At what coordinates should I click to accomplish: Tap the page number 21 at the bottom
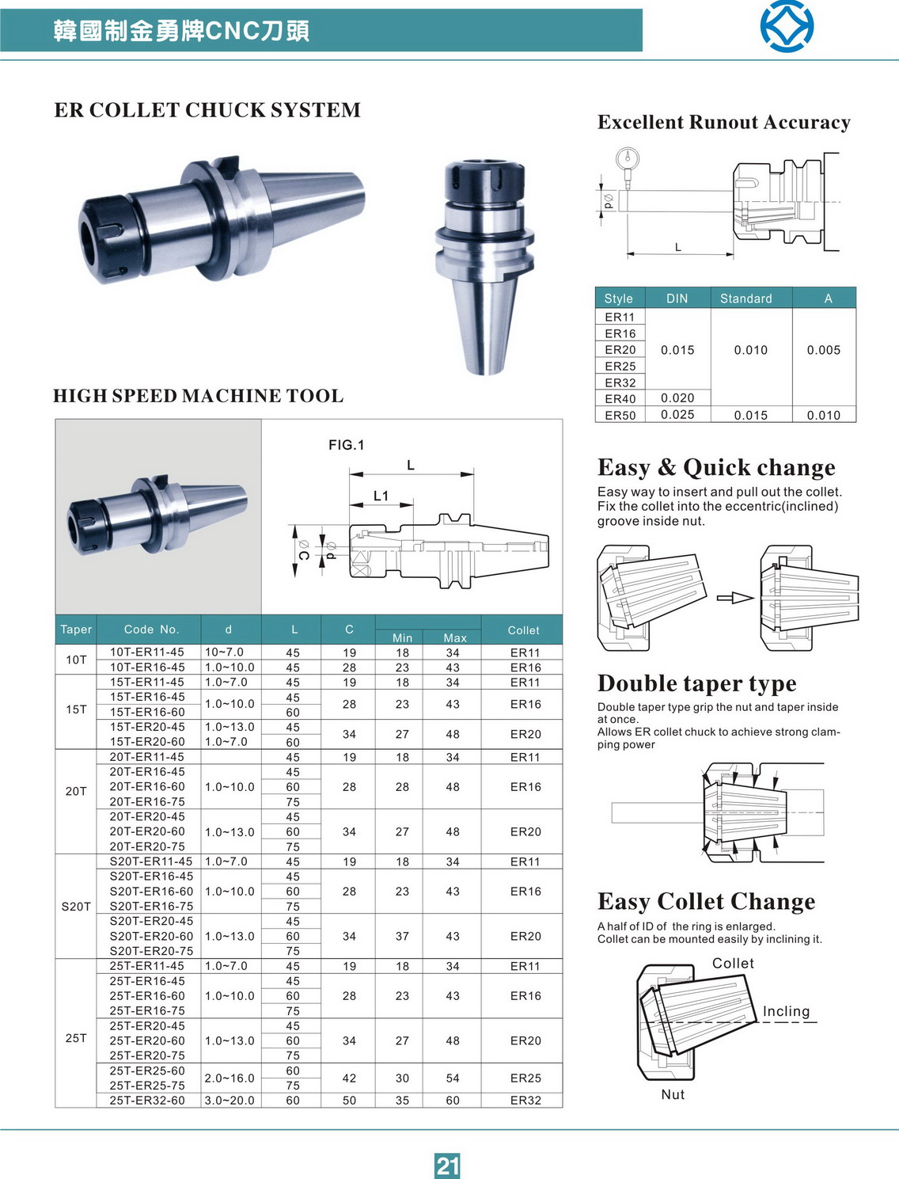click(x=447, y=1166)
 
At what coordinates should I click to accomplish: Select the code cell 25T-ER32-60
click(x=147, y=1100)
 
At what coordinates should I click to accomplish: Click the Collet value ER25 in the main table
click(x=525, y=1078)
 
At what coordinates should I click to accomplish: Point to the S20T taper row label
click(x=76, y=906)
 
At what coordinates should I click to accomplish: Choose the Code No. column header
click(x=151, y=629)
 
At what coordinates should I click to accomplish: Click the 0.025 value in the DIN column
click(x=677, y=414)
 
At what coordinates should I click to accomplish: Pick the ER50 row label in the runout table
click(x=620, y=415)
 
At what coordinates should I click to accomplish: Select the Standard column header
click(x=745, y=299)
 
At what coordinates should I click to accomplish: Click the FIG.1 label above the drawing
click(x=347, y=445)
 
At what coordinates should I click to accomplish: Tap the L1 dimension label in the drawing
click(x=381, y=496)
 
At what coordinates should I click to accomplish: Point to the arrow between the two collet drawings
click(x=735, y=598)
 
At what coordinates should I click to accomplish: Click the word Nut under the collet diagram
click(x=673, y=1094)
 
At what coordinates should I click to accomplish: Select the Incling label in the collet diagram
click(x=786, y=1011)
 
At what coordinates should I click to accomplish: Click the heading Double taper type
click(x=696, y=683)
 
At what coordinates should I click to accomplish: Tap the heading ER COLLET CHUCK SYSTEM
click(x=207, y=110)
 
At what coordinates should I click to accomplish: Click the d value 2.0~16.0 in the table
click(x=229, y=1078)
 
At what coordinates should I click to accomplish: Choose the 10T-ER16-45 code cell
click(x=147, y=667)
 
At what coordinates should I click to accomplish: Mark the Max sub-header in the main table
click(x=455, y=637)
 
